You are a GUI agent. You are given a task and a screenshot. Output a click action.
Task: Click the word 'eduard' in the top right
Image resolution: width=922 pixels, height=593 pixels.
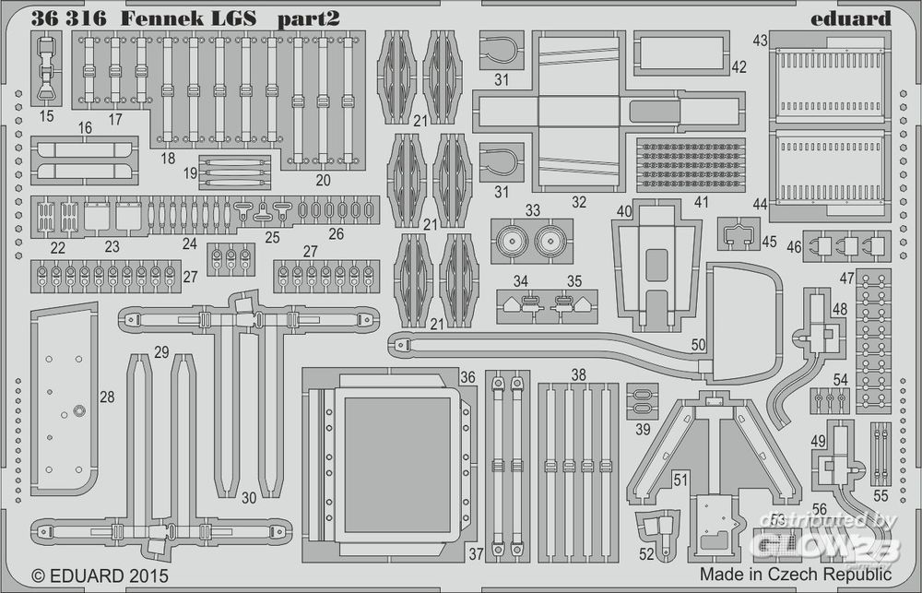(x=852, y=18)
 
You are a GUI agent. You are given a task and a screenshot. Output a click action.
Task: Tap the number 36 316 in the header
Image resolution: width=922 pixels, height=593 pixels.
(x=67, y=18)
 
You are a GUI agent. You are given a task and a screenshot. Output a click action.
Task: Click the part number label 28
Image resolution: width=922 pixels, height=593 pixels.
(x=107, y=397)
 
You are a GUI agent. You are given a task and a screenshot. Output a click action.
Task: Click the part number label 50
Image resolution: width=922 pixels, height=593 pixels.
(x=698, y=344)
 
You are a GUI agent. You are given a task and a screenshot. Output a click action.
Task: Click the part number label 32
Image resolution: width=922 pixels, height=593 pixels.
(x=578, y=202)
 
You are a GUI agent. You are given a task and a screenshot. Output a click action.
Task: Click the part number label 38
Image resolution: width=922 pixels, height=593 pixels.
(x=578, y=375)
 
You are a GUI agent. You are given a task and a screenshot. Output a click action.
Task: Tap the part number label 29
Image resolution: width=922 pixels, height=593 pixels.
(x=161, y=351)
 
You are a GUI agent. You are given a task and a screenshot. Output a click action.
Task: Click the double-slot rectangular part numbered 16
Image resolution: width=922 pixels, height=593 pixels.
(x=84, y=160)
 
